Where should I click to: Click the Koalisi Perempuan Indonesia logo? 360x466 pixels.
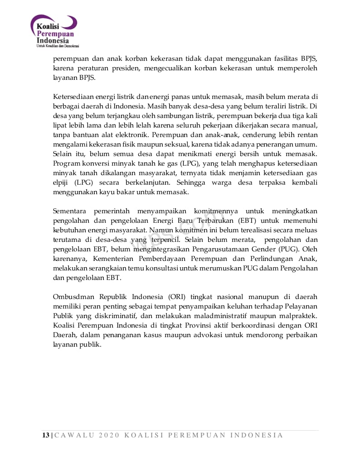tap(54, 29)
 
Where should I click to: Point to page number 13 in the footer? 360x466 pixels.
tap(45, 435)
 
